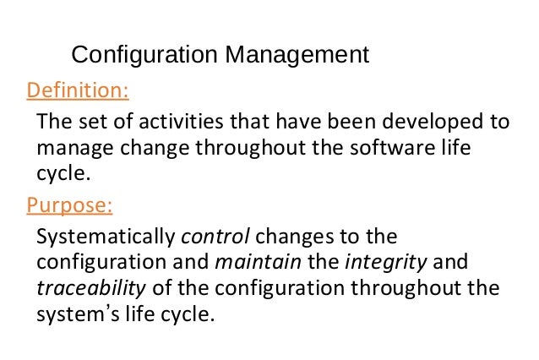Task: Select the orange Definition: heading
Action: (78, 90)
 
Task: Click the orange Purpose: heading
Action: (70, 205)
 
